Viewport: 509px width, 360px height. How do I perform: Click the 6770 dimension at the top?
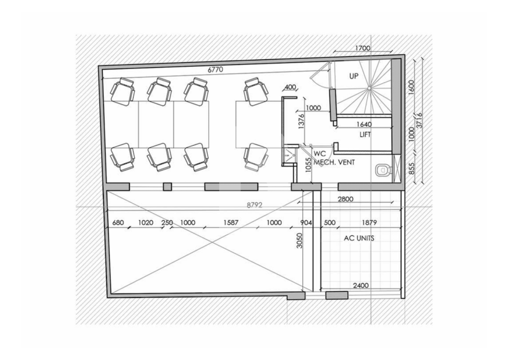pyautogui.click(x=215, y=69)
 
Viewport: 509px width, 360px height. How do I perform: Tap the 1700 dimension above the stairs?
pyautogui.click(x=362, y=48)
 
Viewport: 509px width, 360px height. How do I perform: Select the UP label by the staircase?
pyautogui.click(x=354, y=76)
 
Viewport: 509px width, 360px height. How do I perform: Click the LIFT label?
pyautogui.click(x=365, y=134)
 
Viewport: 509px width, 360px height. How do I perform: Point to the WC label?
pyautogui.click(x=320, y=154)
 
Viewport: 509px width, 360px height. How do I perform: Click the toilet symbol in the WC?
pyautogui.click(x=383, y=170)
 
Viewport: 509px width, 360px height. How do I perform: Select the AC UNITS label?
pyautogui.click(x=359, y=238)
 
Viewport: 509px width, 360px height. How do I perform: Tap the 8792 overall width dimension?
pyautogui.click(x=254, y=205)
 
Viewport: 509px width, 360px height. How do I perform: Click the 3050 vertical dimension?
pyautogui.click(x=300, y=241)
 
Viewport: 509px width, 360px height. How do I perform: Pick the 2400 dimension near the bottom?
pyautogui.click(x=361, y=285)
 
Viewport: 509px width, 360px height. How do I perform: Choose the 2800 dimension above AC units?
pyautogui.click(x=345, y=199)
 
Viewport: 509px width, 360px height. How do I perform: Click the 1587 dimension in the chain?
pyautogui.click(x=231, y=223)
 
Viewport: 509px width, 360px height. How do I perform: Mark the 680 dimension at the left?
pyautogui.click(x=118, y=223)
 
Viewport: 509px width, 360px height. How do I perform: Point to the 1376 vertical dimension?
pyautogui.click(x=301, y=121)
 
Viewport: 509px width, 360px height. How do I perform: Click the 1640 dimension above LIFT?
pyautogui.click(x=364, y=124)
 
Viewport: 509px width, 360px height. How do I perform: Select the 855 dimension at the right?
pyautogui.click(x=411, y=169)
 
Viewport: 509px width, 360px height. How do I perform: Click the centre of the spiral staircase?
pyautogui.click(x=369, y=88)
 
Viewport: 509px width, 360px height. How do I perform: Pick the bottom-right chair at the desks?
pyautogui.click(x=256, y=158)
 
